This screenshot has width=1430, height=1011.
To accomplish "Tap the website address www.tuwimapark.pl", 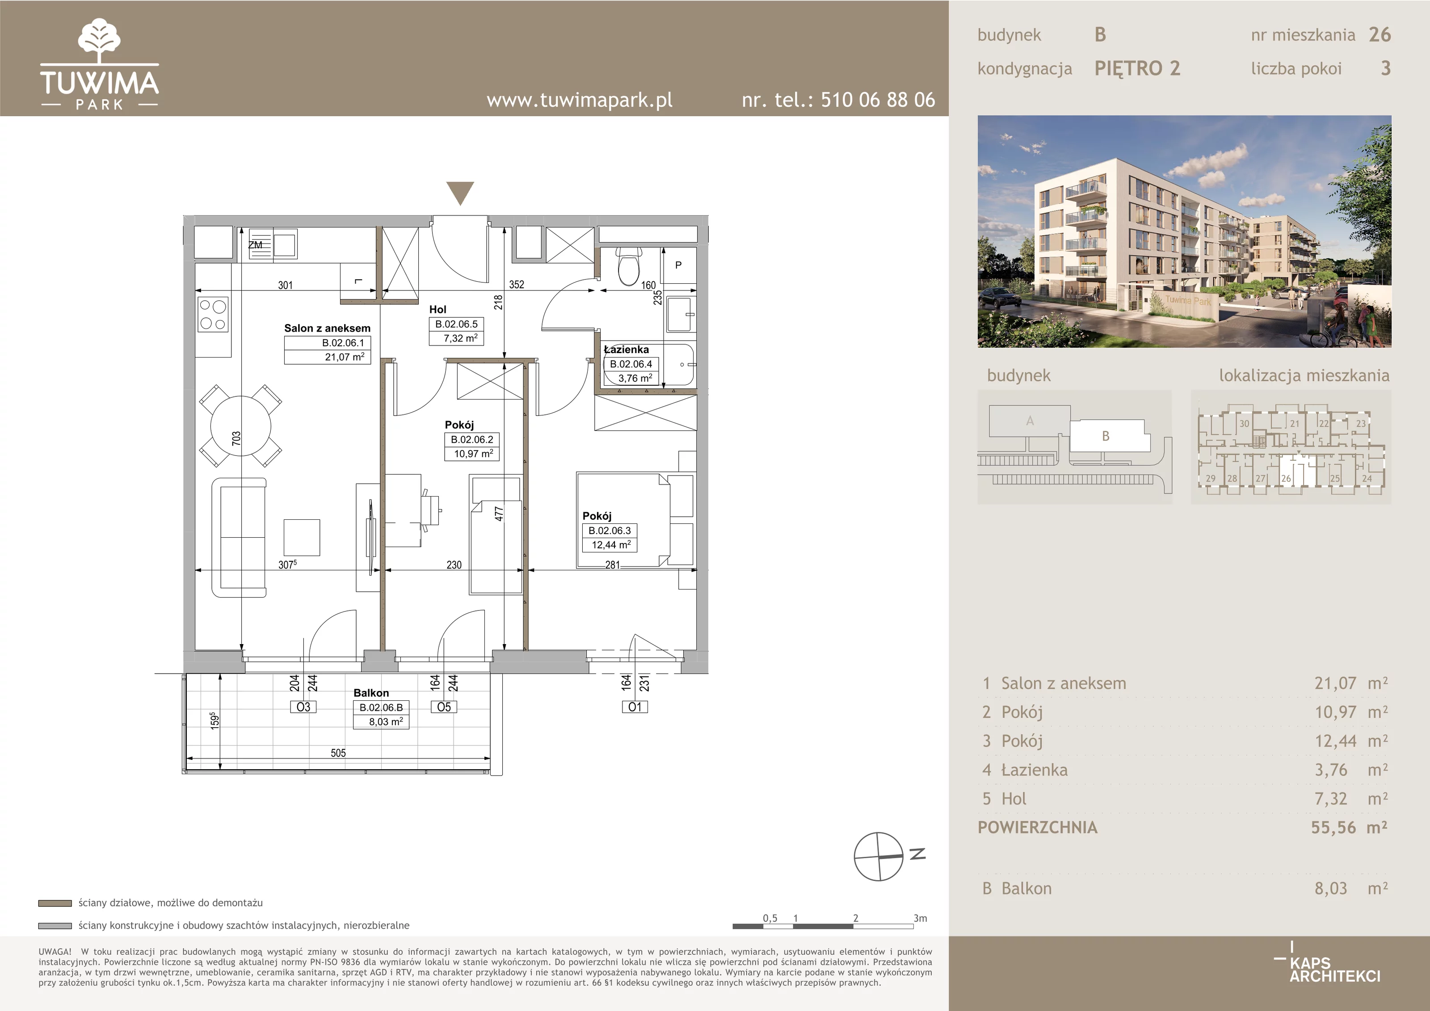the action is [x=579, y=100].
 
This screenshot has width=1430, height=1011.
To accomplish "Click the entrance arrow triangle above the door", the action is [x=460, y=193].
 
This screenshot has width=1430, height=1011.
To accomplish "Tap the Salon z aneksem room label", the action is [x=327, y=328].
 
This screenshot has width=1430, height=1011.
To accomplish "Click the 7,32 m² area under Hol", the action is [x=461, y=338].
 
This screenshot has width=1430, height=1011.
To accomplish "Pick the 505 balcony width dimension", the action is [x=338, y=753].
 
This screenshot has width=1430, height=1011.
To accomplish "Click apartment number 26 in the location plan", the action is [x=1286, y=478].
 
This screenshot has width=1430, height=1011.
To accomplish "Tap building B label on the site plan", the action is [x=1106, y=436].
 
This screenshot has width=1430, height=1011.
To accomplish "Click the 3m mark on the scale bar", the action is [x=920, y=918].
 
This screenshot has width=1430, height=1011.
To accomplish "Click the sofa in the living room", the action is [x=239, y=538].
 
